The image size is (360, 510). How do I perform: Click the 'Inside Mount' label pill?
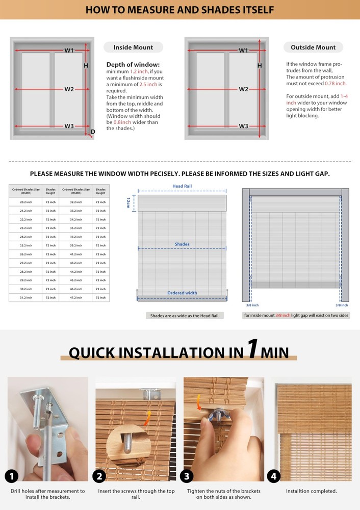click(133, 47)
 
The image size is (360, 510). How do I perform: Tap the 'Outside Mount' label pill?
click(313, 47)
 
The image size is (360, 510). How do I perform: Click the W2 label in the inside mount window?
click(69, 89)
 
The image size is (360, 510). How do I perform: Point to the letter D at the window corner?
click(93, 132)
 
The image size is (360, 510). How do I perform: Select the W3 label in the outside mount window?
click(244, 126)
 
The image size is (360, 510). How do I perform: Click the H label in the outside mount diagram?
click(260, 66)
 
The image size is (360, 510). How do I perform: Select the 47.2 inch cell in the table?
click(76, 297)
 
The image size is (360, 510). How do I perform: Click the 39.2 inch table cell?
click(76, 245)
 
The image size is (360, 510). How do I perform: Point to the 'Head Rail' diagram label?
click(182, 186)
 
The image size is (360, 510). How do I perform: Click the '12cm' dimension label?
click(128, 202)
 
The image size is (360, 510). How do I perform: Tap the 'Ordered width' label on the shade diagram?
click(182, 293)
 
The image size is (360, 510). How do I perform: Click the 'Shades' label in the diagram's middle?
click(182, 244)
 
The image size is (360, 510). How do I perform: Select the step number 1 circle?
click(12, 476)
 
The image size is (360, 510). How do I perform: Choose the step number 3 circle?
click(187, 476)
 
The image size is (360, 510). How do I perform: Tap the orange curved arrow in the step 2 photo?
click(148, 417)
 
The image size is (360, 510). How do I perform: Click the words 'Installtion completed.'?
click(311, 491)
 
